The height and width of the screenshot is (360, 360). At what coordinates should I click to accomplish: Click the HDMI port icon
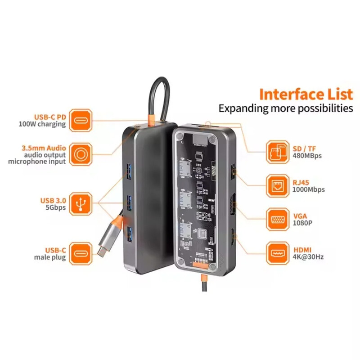click(278, 253)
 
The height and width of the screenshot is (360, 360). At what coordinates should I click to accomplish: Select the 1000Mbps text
click(308, 190)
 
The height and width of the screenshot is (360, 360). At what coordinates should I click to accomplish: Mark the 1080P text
click(301, 223)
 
